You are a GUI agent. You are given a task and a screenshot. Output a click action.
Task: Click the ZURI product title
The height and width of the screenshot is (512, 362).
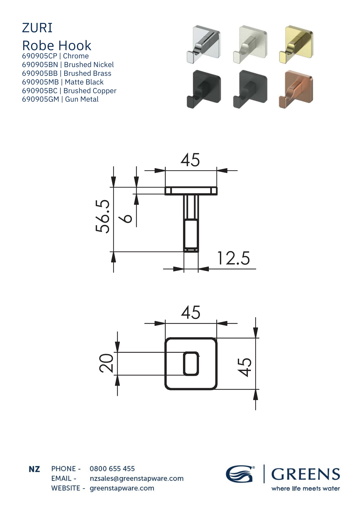tap(37, 28)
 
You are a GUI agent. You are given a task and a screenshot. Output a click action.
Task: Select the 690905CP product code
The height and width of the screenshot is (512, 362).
tap(40, 56)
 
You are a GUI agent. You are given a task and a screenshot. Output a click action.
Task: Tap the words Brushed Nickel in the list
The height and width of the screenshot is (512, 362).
tap(89, 65)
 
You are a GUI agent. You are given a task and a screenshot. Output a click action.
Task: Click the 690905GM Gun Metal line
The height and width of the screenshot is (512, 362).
tap(60, 99)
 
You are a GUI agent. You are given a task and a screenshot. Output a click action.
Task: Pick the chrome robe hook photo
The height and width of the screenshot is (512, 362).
tap(204, 44)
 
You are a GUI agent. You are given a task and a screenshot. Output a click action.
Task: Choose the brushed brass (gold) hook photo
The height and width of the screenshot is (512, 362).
tap(296, 44)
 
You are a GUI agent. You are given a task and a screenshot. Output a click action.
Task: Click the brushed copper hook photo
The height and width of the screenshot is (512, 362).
tap(296, 89)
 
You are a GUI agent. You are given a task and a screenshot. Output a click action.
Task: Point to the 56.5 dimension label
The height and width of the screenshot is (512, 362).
tap(103, 216)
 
